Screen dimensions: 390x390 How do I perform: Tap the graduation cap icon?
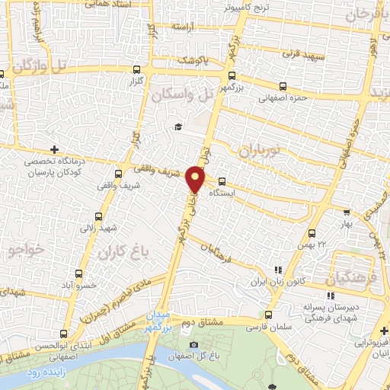[x=178, y=126]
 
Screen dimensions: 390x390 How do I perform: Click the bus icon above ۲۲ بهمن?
[x=311, y=232]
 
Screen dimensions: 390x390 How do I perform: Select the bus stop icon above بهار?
[x=347, y=213]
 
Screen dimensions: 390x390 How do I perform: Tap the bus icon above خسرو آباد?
[x=78, y=273]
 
